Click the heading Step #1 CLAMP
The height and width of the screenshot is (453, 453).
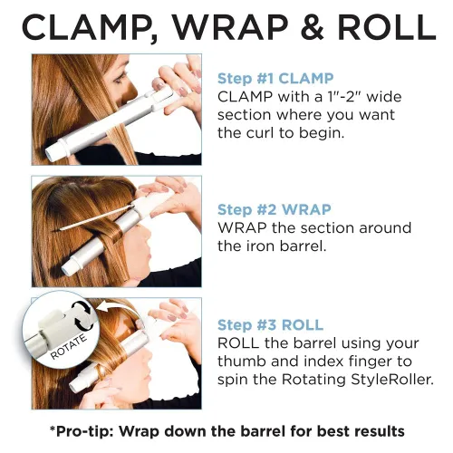[275, 79]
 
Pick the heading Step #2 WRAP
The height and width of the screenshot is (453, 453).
[275, 209]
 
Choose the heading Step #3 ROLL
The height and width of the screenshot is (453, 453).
[271, 325]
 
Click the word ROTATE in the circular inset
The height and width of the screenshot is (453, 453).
[68, 347]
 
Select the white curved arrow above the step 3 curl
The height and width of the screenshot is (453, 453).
[120, 310]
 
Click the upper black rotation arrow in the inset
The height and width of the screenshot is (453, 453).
[82, 307]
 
